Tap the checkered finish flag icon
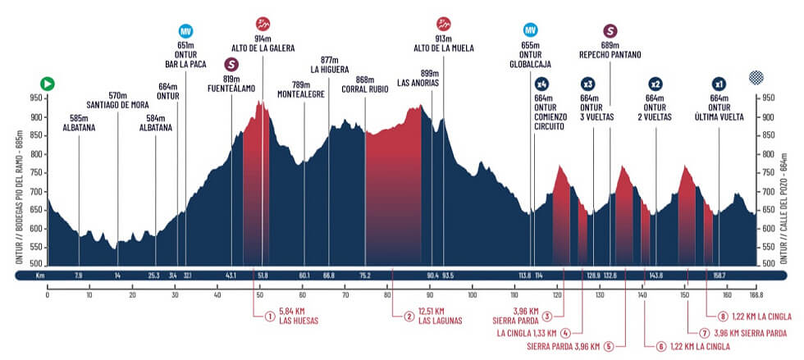click(x=755, y=79)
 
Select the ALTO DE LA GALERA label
click(x=263, y=48)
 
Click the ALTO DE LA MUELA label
click(x=443, y=48)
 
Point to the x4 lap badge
click(x=541, y=84)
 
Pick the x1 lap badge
click(x=719, y=84)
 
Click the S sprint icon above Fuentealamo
click(x=232, y=63)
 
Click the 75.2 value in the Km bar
click(x=365, y=276)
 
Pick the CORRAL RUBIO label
click(x=365, y=89)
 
